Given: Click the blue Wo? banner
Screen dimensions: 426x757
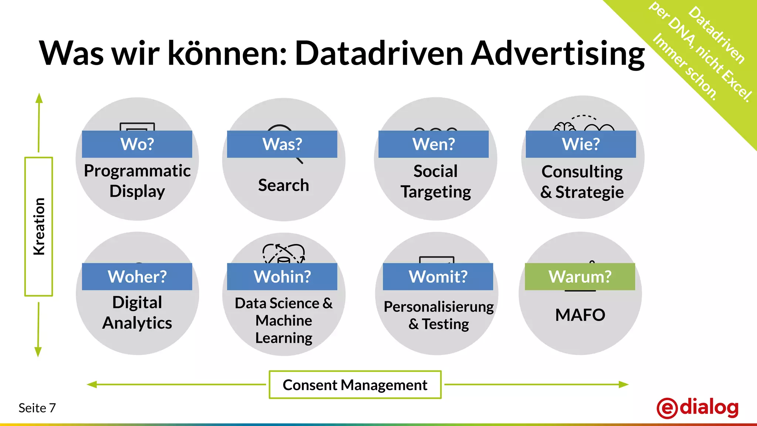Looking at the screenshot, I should pos(137,144).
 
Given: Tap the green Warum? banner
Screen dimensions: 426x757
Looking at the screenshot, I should pos(580,277).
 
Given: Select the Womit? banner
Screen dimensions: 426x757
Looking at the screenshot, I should pos(438,277).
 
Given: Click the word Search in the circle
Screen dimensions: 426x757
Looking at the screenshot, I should pos(284,185).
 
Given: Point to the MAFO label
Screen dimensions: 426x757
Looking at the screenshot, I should pos(580,315).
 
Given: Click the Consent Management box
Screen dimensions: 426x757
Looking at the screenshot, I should pos(355,385).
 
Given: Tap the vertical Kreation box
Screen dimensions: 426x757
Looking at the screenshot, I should pos(39,226).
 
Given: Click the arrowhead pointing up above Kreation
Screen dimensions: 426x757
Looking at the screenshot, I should pos(39,98).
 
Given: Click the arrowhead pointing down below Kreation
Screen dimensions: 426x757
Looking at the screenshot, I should pos(38,352).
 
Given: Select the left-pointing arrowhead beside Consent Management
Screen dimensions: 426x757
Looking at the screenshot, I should pos(92,385).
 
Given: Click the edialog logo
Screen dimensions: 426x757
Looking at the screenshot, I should pos(697,408).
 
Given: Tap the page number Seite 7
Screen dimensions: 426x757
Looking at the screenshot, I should pos(37,408).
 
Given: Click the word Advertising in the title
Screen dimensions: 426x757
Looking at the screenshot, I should pos(558,54).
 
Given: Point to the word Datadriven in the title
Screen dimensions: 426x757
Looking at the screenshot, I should pos(379,54).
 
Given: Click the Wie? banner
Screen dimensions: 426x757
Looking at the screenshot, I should pos(581,144).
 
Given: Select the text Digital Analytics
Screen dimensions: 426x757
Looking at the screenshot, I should pos(137,313).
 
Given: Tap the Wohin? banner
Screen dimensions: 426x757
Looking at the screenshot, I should pos(282,277).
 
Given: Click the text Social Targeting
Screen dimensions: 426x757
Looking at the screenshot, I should pos(435,182).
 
